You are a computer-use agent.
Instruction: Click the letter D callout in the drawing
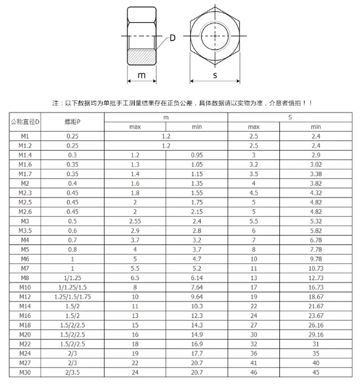[172, 38]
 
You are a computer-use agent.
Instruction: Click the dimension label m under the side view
[142, 75]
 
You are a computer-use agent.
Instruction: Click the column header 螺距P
[73, 121]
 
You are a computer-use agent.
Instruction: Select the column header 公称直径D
[25, 121]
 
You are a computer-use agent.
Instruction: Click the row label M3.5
[25, 230]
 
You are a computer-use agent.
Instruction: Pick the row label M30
[25, 373]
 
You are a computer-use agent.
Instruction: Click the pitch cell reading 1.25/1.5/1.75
[73, 297]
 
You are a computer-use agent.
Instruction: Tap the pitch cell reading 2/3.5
[73, 373]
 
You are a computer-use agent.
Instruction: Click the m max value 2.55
[135, 221]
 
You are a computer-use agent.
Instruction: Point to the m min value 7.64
[197, 287]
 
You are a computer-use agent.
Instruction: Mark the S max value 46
[253, 373]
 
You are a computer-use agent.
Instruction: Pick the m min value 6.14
[197, 278]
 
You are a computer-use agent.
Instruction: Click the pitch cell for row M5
[73, 249]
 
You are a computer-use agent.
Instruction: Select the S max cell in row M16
[253, 316]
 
